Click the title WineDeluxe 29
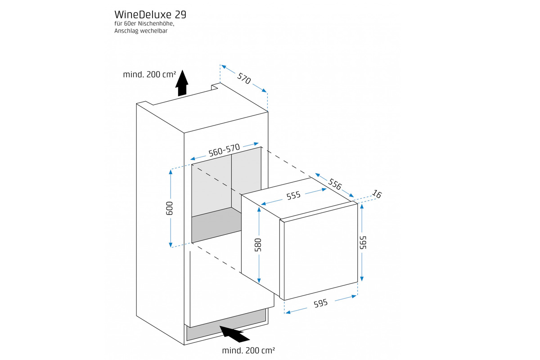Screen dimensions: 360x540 (x=150, y=14)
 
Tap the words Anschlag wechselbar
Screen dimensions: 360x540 (x=141, y=31)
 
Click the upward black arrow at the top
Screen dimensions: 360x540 (x=181, y=83)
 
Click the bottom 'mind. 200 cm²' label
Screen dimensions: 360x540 (x=248, y=350)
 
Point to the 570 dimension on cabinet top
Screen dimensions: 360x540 (x=243, y=79)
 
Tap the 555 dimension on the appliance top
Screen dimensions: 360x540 (x=293, y=195)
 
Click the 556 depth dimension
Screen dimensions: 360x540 (x=334, y=184)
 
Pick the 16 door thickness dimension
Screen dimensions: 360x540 (x=377, y=194)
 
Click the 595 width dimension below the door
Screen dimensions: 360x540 (x=320, y=303)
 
